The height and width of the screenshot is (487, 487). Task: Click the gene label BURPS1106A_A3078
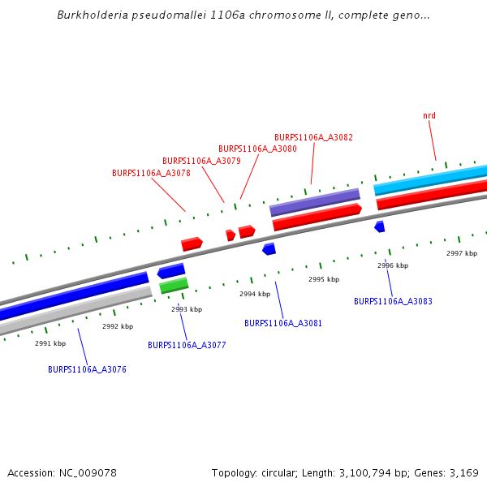pyautogui.click(x=151, y=173)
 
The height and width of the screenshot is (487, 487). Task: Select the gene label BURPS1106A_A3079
pyautogui.click(x=201, y=161)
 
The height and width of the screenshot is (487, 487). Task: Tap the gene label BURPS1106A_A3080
pyautogui.click(x=257, y=149)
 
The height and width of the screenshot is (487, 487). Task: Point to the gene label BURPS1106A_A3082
pyautogui.click(x=313, y=138)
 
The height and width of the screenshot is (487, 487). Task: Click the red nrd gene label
pyautogui.click(x=429, y=116)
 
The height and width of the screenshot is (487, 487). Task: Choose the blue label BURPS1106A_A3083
pyautogui.click(x=393, y=301)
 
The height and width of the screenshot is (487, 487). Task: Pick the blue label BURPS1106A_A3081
pyautogui.click(x=283, y=323)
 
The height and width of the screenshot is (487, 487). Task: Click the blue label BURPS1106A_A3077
pyautogui.click(x=187, y=345)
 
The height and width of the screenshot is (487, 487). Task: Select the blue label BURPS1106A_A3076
pyautogui.click(x=87, y=369)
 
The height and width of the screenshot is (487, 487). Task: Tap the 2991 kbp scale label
pyautogui.click(x=50, y=343)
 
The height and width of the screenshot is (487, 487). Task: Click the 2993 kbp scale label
pyautogui.click(x=187, y=309)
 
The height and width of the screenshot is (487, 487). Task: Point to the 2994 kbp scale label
pyautogui.click(x=255, y=294)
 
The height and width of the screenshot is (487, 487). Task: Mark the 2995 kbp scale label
pyautogui.click(x=324, y=279)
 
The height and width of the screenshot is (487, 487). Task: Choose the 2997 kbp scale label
pyautogui.click(x=462, y=253)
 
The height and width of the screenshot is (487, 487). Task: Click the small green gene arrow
pyautogui.click(x=174, y=285)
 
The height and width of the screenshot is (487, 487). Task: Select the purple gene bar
pyautogui.click(x=314, y=202)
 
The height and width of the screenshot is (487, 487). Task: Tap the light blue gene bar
pyautogui.click(x=430, y=179)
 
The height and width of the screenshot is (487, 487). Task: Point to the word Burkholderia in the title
pyautogui.click(x=89, y=15)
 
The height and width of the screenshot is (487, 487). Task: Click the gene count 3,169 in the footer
pyautogui.click(x=463, y=472)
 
